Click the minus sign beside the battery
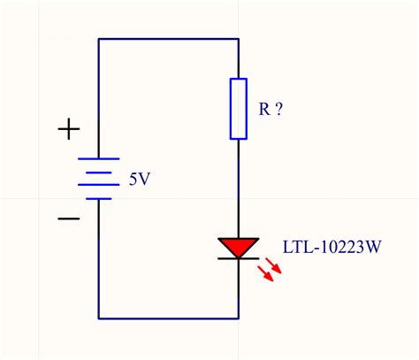(68, 217)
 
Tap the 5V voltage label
(139, 179)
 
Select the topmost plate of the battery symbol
(98, 159)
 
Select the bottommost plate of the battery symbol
(98, 198)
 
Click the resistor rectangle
(239, 109)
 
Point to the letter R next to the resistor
(263, 110)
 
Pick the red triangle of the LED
(239, 245)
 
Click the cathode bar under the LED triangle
(239, 258)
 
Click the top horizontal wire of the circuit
(168, 39)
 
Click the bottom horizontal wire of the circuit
(168, 318)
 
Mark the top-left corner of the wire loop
(98, 39)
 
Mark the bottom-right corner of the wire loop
(239, 318)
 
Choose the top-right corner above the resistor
(239, 39)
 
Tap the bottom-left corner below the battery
(98, 318)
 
